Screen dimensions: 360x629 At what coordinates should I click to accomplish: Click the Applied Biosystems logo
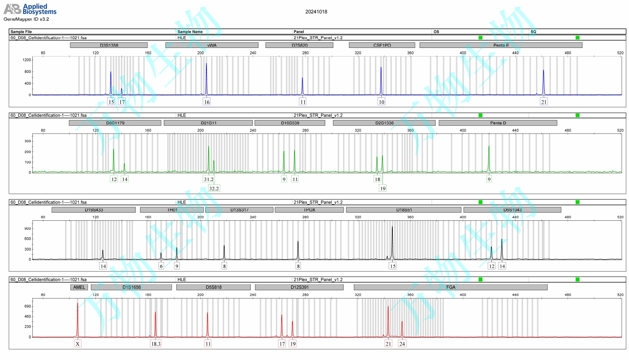(x=30, y=9)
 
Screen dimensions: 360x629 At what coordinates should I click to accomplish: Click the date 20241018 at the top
(x=316, y=12)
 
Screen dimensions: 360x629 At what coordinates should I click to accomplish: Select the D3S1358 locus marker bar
(x=109, y=45)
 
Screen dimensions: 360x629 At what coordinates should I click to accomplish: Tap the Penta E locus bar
(x=501, y=45)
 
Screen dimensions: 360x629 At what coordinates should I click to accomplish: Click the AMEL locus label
(x=79, y=287)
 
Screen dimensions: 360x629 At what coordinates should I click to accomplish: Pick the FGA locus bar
(x=450, y=287)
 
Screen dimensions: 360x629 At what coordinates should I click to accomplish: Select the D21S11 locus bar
(x=208, y=123)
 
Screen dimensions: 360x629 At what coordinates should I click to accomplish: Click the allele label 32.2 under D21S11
(x=214, y=188)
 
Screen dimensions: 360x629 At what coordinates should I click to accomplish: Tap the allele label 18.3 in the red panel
(x=156, y=344)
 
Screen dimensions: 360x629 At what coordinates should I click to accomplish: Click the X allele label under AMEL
(x=77, y=344)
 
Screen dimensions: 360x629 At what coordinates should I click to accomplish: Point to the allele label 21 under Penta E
(x=543, y=102)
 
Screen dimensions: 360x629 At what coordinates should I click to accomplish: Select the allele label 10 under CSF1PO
(x=381, y=102)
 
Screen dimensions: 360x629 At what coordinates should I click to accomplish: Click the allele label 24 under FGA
(x=402, y=344)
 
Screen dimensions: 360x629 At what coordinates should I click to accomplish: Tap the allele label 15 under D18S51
(x=392, y=266)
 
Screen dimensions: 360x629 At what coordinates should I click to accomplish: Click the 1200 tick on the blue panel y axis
(x=27, y=60)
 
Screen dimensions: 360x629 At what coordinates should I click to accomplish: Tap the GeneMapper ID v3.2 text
(x=26, y=19)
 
